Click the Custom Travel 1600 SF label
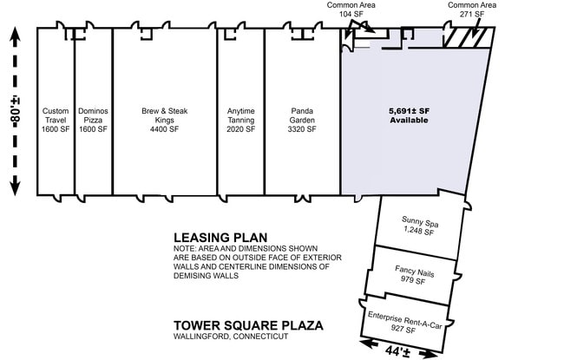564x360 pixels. tap(56, 120)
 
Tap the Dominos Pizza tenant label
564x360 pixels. tap(93, 120)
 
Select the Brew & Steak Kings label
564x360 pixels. tap(164, 120)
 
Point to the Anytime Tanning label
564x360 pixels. tap(240, 120)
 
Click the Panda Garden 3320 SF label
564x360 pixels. tap(302, 120)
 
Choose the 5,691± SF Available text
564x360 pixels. tap(409, 115)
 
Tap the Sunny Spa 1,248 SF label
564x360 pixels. tap(419, 226)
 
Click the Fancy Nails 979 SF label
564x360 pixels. tap(414, 275)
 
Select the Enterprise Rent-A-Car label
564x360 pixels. tap(404, 322)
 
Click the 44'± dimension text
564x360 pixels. tap(397, 351)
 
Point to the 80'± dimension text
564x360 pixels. tap(15, 112)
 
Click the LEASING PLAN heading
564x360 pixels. tap(220, 238)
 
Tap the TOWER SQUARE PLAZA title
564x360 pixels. tap(248, 325)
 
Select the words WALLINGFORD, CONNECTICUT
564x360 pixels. tap(231, 337)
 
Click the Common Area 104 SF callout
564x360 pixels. tap(351, 10)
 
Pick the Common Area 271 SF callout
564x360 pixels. tap(472, 10)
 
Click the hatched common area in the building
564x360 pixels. tap(468, 37)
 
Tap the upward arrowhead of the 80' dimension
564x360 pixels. tap(15, 36)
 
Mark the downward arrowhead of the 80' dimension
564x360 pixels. tap(15, 187)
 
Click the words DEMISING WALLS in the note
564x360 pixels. tap(207, 276)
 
